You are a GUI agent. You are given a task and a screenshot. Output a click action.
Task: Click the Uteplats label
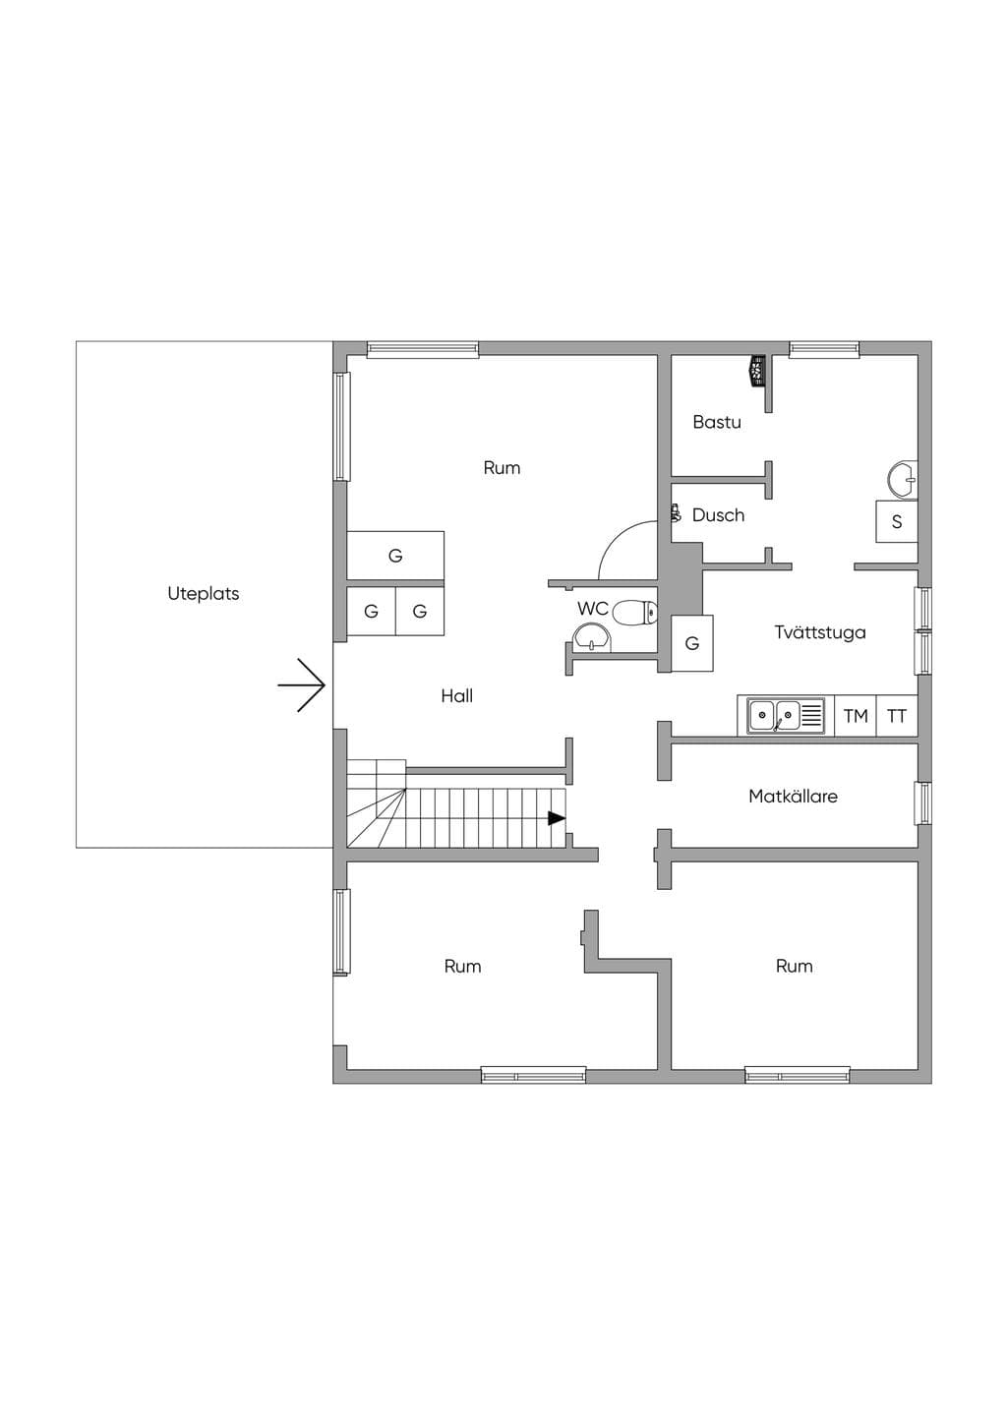tap(204, 594)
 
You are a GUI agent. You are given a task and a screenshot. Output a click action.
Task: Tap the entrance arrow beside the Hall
tap(302, 685)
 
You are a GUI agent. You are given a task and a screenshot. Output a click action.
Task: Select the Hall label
tap(457, 696)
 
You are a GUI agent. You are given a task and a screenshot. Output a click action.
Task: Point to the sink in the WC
tap(592, 637)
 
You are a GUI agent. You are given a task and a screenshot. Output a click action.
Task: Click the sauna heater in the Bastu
tap(757, 371)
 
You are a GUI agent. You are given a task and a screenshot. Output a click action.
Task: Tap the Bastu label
tap(717, 422)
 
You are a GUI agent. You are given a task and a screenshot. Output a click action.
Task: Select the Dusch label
tap(719, 515)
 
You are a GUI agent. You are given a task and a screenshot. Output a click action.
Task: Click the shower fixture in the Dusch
tap(676, 513)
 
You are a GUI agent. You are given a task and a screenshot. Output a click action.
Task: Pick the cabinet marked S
tap(897, 521)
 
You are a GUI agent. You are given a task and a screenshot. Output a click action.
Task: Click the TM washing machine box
tap(855, 716)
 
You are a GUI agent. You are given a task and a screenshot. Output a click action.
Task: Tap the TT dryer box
tap(897, 716)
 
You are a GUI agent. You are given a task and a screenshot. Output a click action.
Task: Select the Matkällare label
tap(793, 796)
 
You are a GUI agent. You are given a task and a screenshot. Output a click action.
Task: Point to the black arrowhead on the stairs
tap(557, 818)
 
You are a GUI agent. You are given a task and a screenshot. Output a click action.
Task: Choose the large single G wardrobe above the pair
tap(395, 556)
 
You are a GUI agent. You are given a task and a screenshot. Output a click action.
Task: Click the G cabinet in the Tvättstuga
tap(692, 643)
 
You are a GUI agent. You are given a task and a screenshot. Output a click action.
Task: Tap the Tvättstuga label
tap(820, 632)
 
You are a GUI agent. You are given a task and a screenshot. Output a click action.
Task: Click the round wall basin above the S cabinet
tap(904, 479)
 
